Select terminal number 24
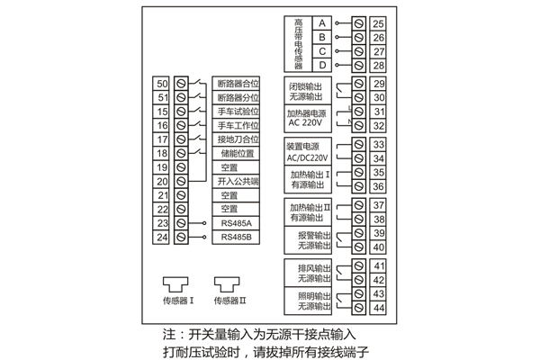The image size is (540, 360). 163,238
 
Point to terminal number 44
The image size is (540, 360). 378,308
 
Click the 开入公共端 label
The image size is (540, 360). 238,181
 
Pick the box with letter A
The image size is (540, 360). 321,22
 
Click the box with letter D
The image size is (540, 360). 321,66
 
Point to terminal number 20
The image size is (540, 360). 163,181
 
